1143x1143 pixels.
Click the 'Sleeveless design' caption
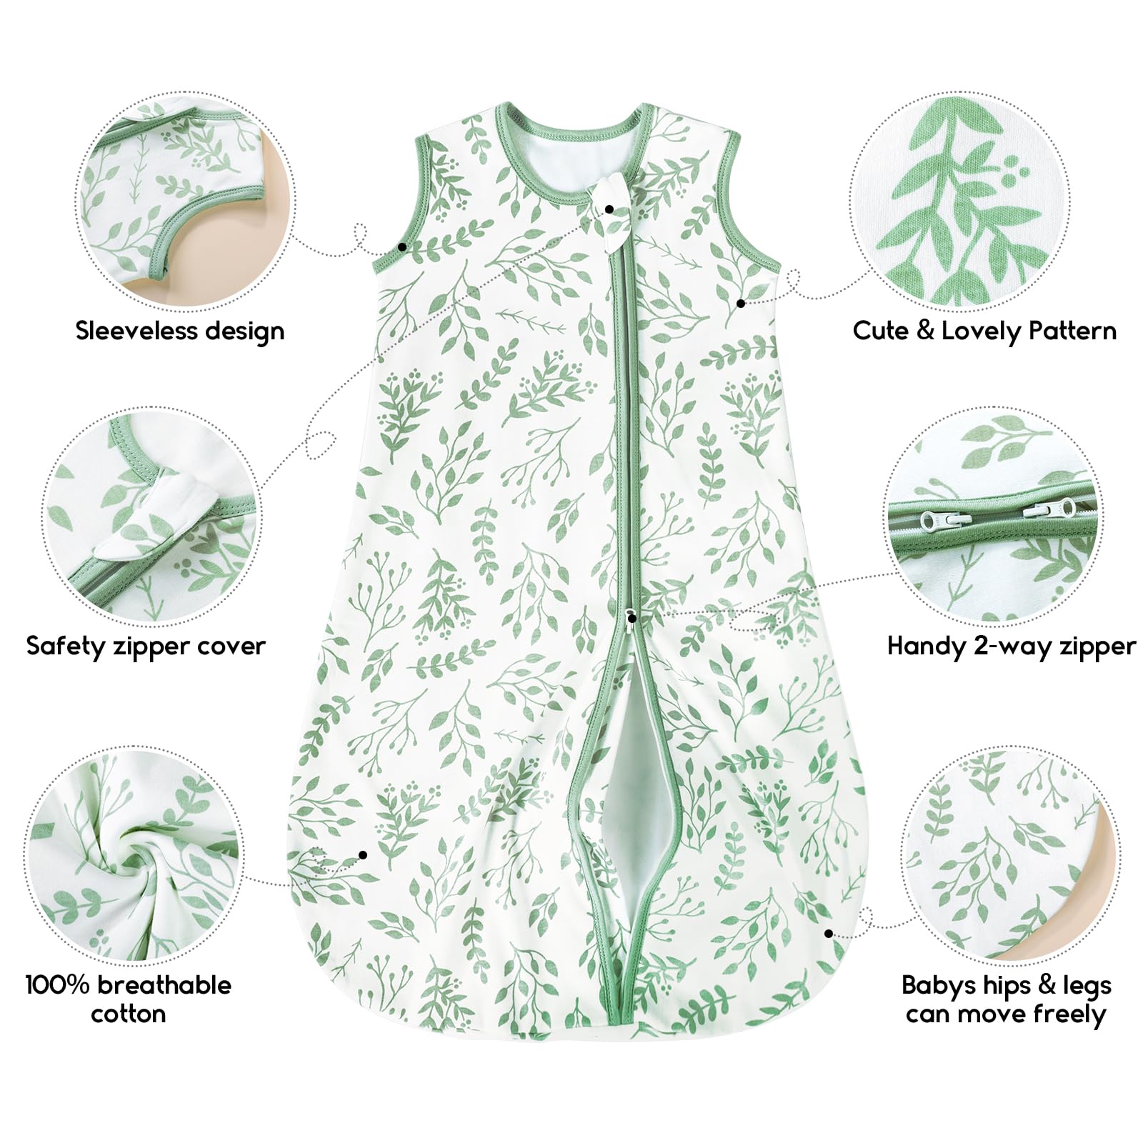(180, 331)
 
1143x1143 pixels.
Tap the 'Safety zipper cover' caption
(146, 647)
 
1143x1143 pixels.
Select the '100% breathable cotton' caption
(129, 999)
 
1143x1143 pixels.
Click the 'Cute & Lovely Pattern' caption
(984, 331)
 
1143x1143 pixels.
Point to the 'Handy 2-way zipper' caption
(1011, 647)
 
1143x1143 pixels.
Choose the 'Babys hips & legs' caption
(1007, 986)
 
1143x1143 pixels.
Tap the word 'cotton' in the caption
(129, 1014)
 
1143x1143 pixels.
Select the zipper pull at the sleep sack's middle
(632, 616)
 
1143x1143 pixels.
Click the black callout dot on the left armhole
(403, 246)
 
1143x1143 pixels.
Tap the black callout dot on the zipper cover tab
(609, 209)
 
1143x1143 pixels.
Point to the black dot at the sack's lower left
(363, 855)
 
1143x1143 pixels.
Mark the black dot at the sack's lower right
(829, 933)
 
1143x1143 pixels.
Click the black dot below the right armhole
(741, 304)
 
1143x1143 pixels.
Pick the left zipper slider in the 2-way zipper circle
(936, 517)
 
